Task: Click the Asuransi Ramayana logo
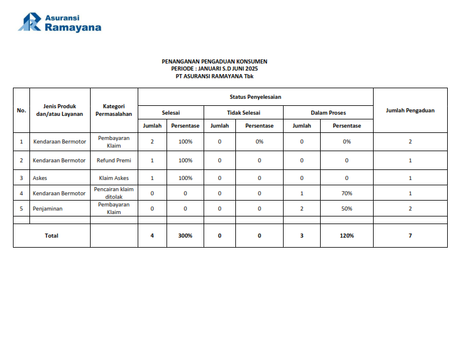point(59,22)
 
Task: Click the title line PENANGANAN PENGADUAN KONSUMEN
point(214,61)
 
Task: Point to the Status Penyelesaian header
point(255,96)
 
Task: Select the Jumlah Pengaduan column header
point(410,110)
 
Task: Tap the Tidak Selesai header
point(243,112)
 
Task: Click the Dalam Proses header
point(328,112)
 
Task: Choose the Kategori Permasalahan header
point(114,110)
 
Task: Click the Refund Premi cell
point(114,160)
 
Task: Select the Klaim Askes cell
point(114,178)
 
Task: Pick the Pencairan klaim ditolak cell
point(114,193)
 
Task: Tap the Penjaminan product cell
point(48,208)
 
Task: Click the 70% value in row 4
point(347,193)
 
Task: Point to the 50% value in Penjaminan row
point(347,208)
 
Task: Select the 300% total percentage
point(185,235)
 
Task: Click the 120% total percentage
point(347,235)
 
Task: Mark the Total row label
point(52,235)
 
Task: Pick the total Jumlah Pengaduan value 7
point(410,235)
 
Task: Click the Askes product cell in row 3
point(40,178)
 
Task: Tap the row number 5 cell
point(22,208)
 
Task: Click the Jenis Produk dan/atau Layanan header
point(59,110)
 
